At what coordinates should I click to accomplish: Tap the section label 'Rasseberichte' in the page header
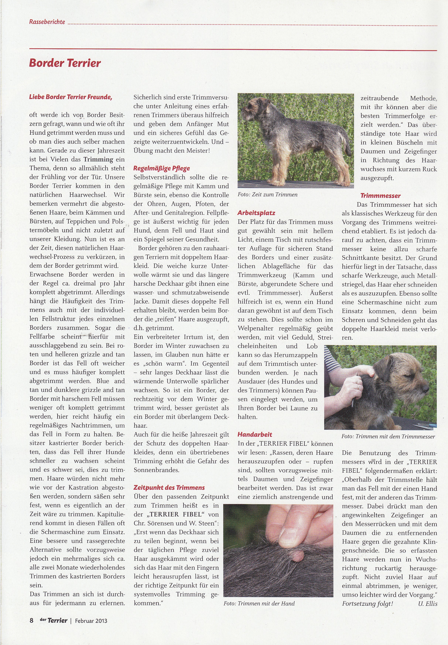click(47, 22)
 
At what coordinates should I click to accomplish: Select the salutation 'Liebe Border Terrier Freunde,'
click(71, 97)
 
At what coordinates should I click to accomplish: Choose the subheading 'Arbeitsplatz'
click(256, 213)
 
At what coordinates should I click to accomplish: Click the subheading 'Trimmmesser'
click(380, 196)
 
